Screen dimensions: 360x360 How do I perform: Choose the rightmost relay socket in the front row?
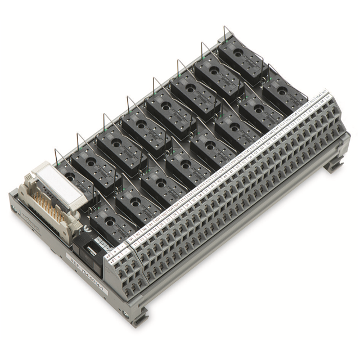pyautogui.click(x=284, y=92)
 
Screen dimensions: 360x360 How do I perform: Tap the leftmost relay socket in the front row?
pyautogui.click(x=112, y=222)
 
